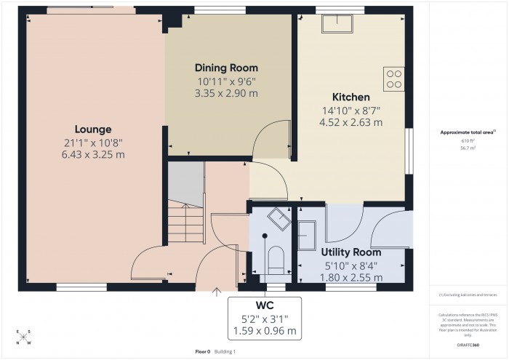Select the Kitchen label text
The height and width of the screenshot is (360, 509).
pyautogui.click(x=351, y=97)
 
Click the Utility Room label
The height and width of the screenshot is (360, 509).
pyautogui.click(x=351, y=252)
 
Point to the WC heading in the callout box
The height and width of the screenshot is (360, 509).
pyautogui.click(x=265, y=304)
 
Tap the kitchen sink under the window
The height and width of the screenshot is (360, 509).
pyautogui.click(x=338, y=24)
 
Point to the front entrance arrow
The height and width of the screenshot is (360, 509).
pyautogui.click(x=215, y=293)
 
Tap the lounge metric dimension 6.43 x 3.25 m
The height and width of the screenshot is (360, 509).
pyautogui.click(x=95, y=154)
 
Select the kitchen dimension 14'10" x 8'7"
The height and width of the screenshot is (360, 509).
pyautogui.click(x=351, y=111)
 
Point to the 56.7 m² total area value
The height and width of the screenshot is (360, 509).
pyautogui.click(x=468, y=148)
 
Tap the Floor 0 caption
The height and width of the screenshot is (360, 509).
pyautogui.click(x=202, y=351)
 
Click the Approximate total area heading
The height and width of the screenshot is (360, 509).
pyautogui.click(x=466, y=132)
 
